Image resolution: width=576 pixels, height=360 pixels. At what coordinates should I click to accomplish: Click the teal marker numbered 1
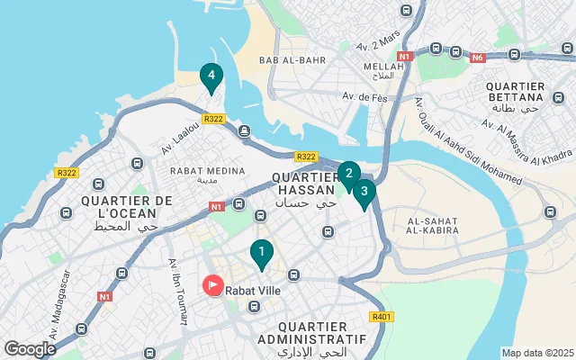(x=261, y=254)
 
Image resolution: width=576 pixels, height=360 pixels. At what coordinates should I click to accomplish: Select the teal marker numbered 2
(x=348, y=174)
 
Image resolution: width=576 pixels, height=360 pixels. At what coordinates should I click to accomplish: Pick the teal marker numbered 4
(x=211, y=77)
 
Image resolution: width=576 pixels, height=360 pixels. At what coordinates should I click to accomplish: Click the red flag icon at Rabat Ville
(x=213, y=287)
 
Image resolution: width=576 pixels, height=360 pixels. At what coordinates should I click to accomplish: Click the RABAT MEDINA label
(x=207, y=171)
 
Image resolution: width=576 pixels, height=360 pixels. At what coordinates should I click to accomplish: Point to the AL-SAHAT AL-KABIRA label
(x=434, y=225)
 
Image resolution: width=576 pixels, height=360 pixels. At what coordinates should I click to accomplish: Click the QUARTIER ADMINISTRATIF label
(x=311, y=332)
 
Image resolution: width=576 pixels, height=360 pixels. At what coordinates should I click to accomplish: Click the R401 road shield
(x=382, y=317)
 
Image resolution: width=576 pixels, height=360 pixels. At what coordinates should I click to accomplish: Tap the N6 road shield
(x=478, y=57)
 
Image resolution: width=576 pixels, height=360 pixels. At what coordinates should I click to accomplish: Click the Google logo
(x=30, y=348)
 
